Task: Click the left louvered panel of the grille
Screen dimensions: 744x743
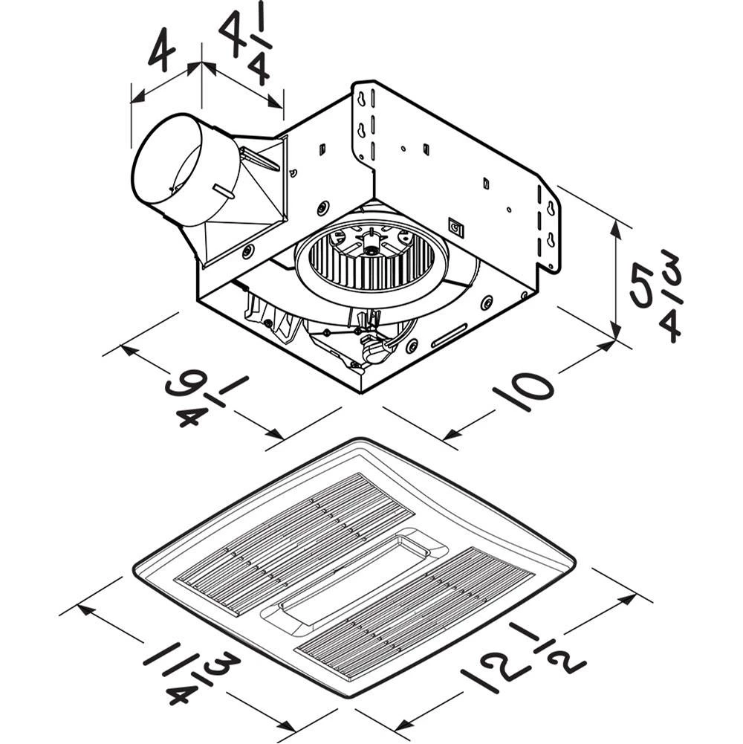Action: (x=294, y=542)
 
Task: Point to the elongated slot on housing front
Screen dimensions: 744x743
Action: (x=449, y=335)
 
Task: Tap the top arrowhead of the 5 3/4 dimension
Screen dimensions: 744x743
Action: (x=616, y=227)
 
